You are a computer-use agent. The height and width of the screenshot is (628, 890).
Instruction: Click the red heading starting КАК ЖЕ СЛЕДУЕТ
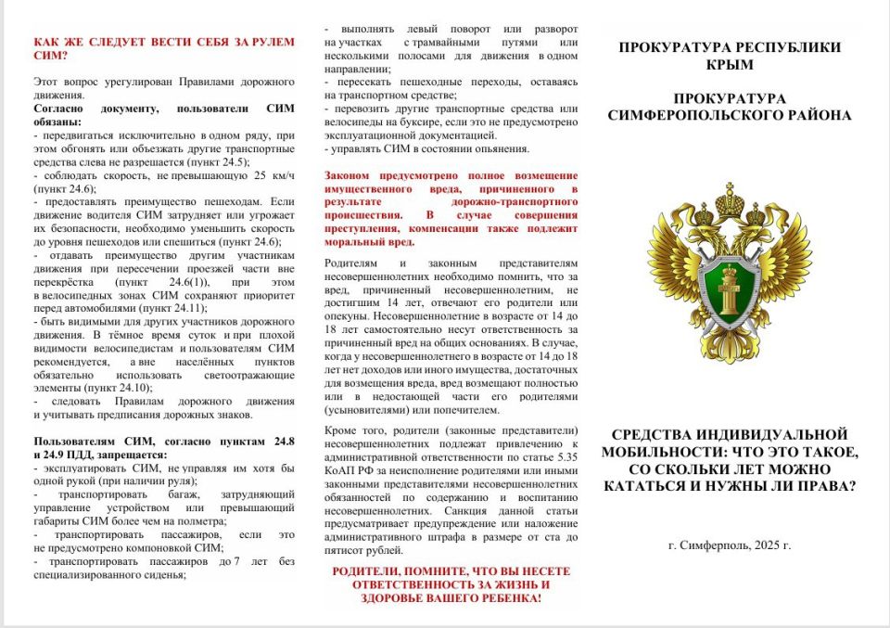(163, 42)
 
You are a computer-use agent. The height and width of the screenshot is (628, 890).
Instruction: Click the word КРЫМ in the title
(730, 65)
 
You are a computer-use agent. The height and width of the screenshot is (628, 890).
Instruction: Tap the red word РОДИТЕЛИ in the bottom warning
(368, 571)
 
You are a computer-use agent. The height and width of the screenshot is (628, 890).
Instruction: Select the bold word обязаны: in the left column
(57, 122)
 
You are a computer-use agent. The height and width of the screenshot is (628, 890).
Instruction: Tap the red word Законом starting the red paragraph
(350, 175)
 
